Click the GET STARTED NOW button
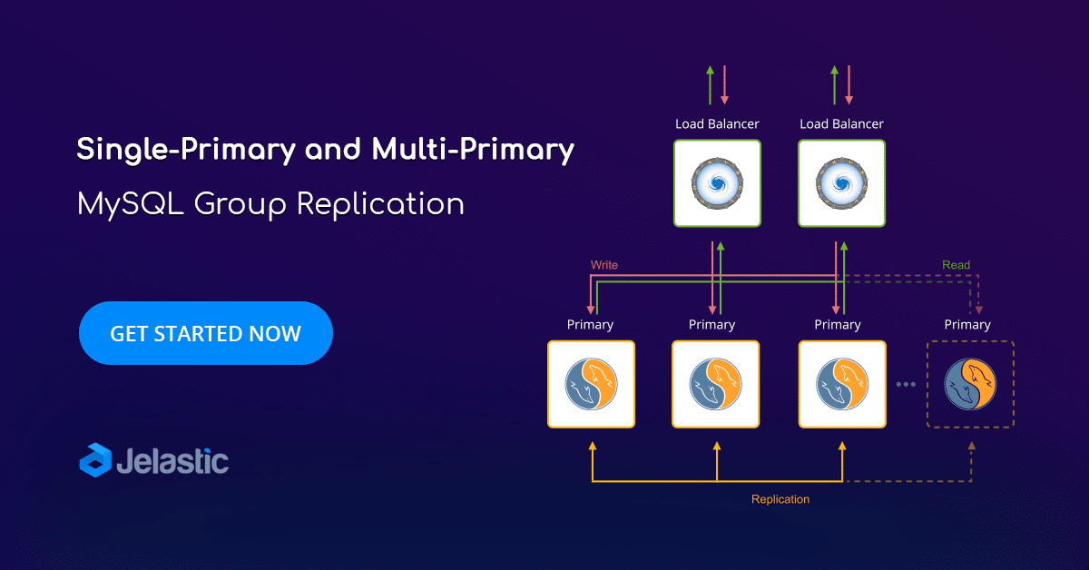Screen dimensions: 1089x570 coord(206,333)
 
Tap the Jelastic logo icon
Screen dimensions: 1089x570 coord(95,460)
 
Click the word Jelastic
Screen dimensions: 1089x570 coord(172,460)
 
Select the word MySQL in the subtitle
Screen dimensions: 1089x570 coord(131,204)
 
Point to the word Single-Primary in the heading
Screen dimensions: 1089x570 coord(186,150)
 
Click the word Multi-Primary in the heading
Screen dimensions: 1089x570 coord(473,150)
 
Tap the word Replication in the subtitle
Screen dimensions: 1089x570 coord(380,204)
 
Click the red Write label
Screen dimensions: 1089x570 coord(604,265)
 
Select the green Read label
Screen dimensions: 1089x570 coord(956,265)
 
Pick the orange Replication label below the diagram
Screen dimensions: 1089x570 coord(780,499)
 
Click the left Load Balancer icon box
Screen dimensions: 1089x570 coord(717,183)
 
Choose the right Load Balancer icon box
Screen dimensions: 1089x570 coord(841,183)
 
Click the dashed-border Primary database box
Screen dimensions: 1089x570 coord(970,384)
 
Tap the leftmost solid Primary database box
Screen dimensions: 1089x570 coord(591,384)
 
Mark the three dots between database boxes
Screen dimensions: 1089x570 coord(907,384)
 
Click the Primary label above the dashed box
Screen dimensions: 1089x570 coord(967,324)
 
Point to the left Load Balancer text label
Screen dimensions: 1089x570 coord(717,124)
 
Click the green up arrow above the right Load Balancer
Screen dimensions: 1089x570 coord(835,85)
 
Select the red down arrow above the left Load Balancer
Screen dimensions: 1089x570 coord(724,85)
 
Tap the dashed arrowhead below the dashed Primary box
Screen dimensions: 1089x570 coord(971,446)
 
